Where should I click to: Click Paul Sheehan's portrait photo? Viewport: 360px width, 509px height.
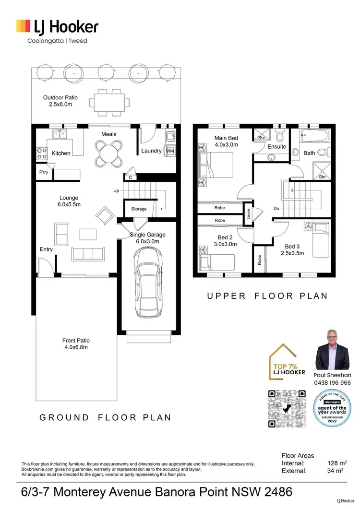(332, 350)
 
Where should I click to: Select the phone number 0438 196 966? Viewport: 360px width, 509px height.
(332, 383)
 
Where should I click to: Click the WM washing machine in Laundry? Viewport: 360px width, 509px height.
(169, 151)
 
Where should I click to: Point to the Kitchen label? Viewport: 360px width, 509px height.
(61, 154)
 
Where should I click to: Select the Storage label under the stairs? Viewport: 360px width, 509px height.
(139, 209)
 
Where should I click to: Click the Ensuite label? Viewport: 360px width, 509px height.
(276, 147)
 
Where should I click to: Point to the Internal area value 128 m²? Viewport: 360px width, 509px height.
(336, 463)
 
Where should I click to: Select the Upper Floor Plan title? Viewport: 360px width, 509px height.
(267, 296)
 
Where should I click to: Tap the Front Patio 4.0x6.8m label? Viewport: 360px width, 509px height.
(75, 343)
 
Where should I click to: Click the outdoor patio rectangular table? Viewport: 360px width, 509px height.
(111, 102)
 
